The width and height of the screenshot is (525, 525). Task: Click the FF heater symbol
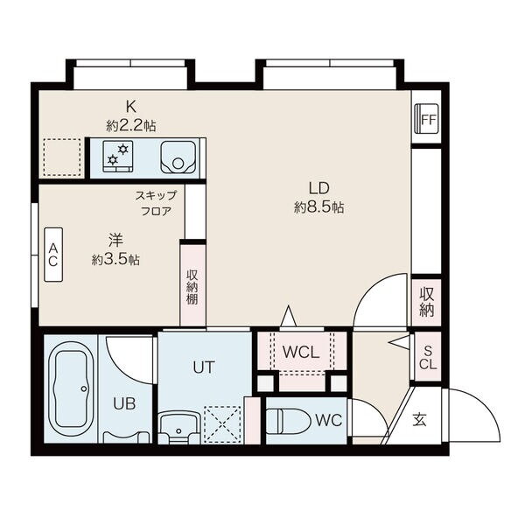click(426, 119)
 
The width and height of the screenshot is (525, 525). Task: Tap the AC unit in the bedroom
click(53, 255)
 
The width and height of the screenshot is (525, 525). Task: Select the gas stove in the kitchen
click(118, 156)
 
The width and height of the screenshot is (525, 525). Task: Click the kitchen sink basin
click(178, 157)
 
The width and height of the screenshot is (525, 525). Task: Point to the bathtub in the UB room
click(71, 388)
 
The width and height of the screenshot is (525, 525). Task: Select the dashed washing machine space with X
click(222, 424)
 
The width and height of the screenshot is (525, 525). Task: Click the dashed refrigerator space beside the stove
click(62, 157)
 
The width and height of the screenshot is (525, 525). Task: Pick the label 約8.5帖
click(318, 208)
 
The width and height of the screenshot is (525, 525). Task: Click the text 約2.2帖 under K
click(131, 126)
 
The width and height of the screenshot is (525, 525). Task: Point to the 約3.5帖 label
click(115, 260)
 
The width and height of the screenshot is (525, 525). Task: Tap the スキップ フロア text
click(156, 203)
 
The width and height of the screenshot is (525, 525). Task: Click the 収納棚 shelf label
click(192, 287)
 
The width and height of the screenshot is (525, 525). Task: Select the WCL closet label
click(301, 352)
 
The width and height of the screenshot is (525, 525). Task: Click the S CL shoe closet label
click(428, 357)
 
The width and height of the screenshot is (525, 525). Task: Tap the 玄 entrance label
click(419, 420)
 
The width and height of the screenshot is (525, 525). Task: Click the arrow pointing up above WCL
click(288, 315)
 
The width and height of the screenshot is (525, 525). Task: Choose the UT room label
click(204, 367)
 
